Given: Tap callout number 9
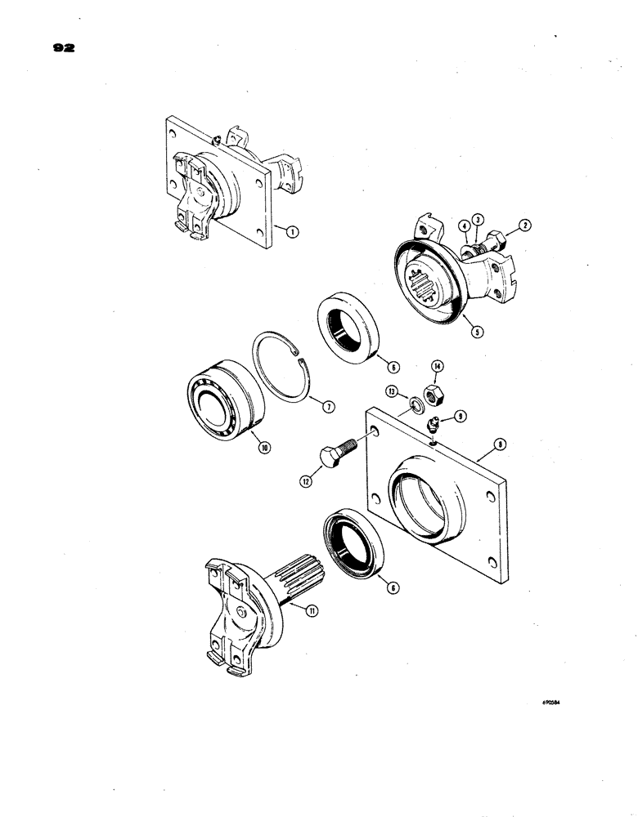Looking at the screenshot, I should pyautogui.click(x=461, y=417).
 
